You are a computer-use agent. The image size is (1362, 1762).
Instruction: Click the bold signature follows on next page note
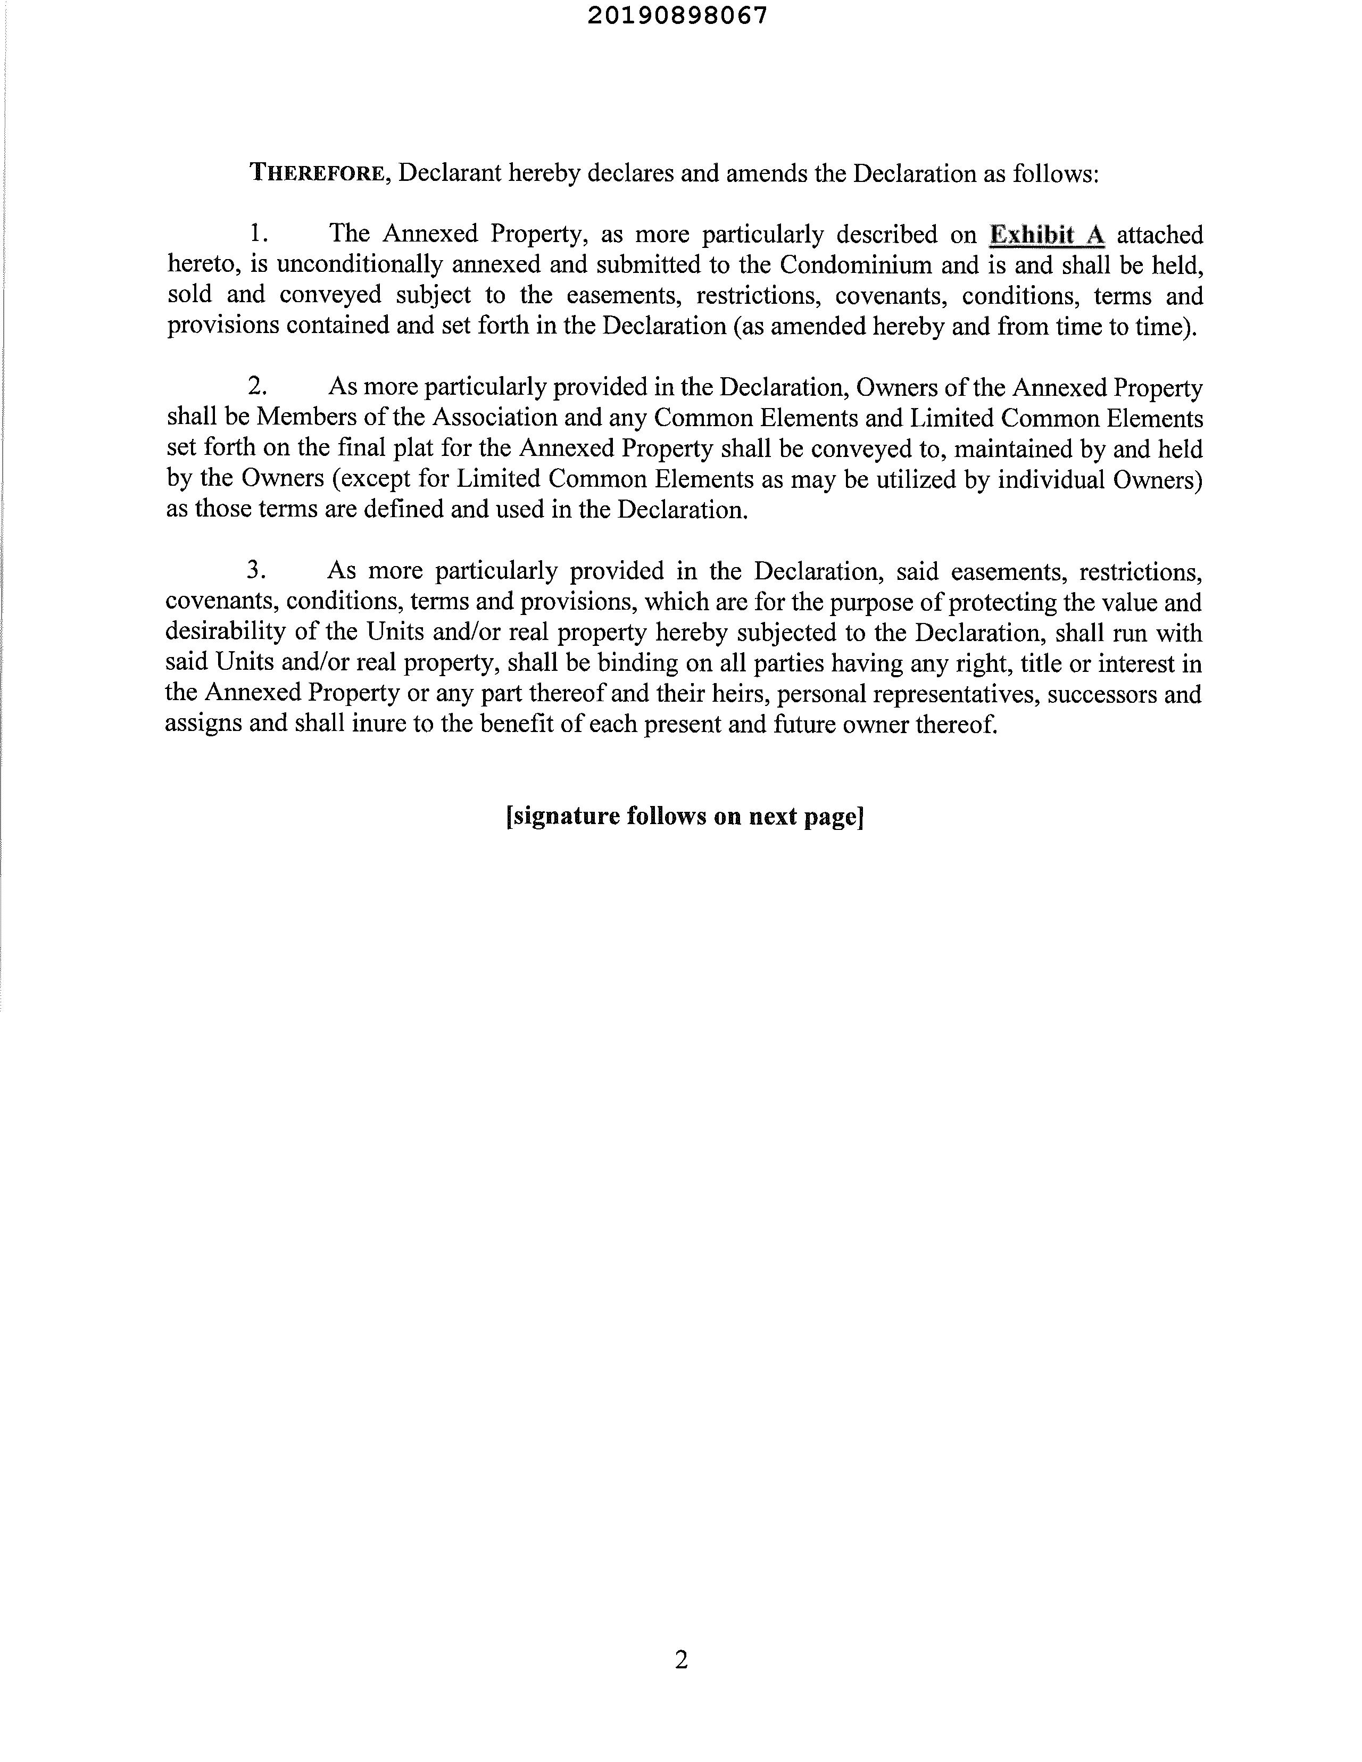tap(684, 817)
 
